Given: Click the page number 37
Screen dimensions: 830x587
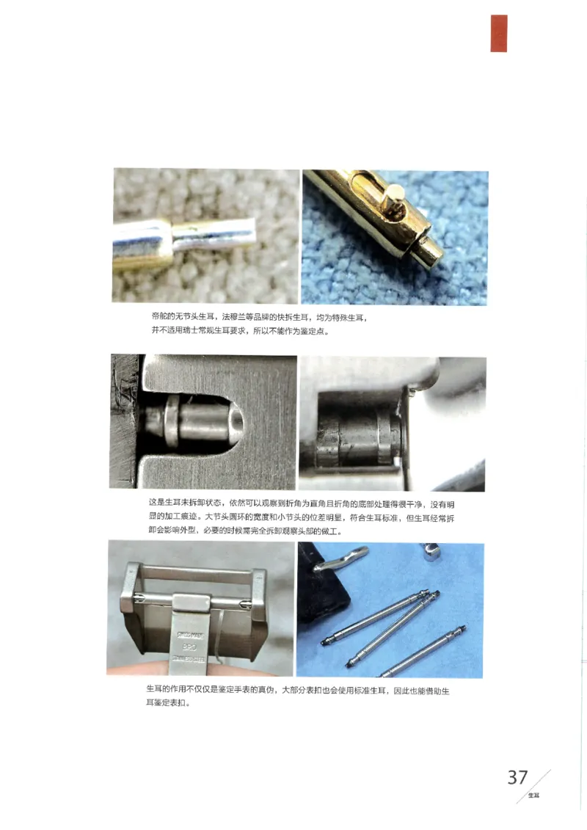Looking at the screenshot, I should click(x=517, y=777).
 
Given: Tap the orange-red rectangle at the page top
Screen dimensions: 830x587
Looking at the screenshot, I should click(x=499, y=34).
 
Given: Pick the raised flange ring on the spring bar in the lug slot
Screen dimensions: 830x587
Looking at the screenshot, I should click(x=172, y=422).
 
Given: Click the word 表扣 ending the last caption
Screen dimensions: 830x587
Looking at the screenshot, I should click(x=181, y=703).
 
